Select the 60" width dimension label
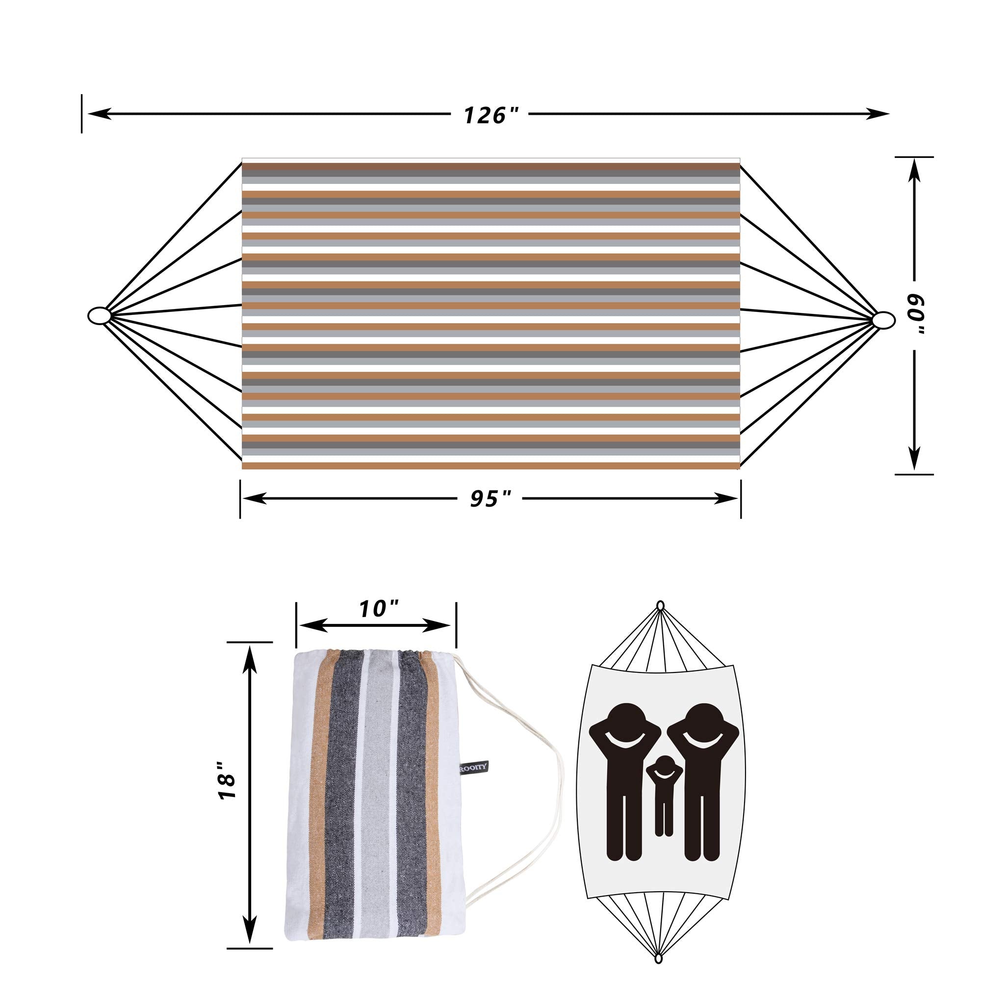click(915, 316)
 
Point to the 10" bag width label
click(378, 609)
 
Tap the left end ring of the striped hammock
click(100, 315)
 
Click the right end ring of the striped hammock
click(884, 320)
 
